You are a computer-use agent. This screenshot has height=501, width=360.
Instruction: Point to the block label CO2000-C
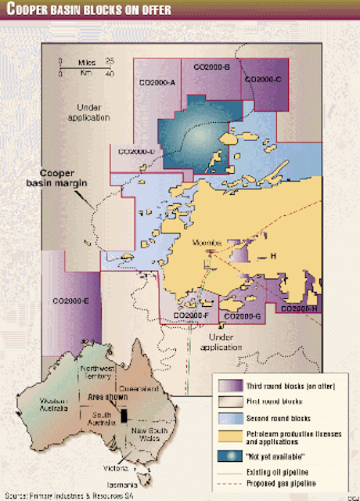click(268, 80)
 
